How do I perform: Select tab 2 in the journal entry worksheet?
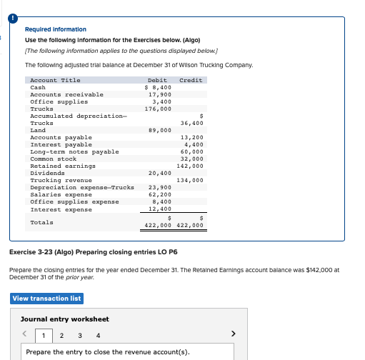pyautogui.click(x=61, y=335)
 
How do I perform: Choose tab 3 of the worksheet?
pyautogui.click(x=79, y=335)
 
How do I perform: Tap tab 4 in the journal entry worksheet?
pyautogui.click(x=97, y=335)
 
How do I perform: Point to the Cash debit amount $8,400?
pyautogui.click(x=158, y=87)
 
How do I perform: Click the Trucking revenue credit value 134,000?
pyautogui.click(x=191, y=181)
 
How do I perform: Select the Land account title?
pyautogui.click(x=39, y=130)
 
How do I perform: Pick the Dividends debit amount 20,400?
pyautogui.click(x=159, y=173)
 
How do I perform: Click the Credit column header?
pyautogui.click(x=191, y=80)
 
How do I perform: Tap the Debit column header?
pyautogui.click(x=157, y=80)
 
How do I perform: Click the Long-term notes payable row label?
pyautogui.click(x=74, y=151)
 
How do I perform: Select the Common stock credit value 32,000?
pyautogui.click(x=192, y=159)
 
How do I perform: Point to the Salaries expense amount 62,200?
pyautogui.click(x=159, y=194)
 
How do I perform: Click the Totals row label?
pyautogui.click(x=41, y=222)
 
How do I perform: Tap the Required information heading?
pyautogui.click(x=55, y=29)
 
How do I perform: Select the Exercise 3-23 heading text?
pyautogui.click(x=94, y=252)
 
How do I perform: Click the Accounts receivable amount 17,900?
pyautogui.click(x=159, y=94)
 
